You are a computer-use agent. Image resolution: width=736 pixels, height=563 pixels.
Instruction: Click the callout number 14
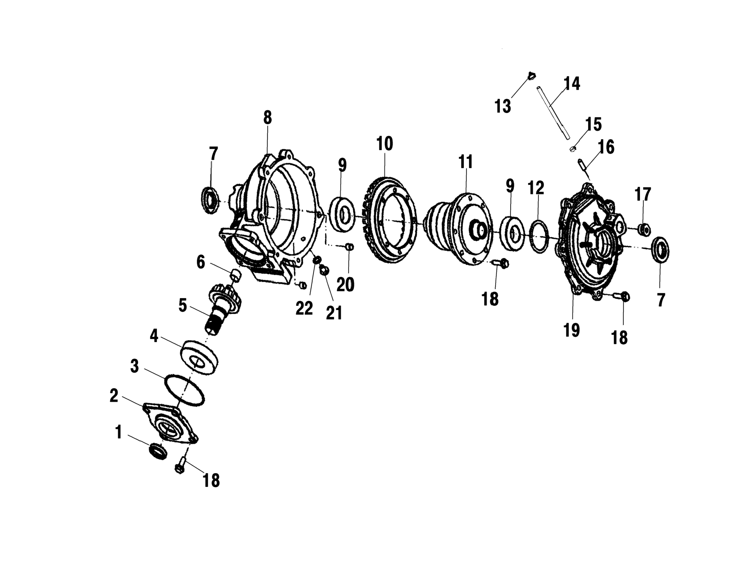[x=572, y=83]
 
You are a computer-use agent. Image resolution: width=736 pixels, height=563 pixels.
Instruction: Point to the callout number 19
[x=571, y=330]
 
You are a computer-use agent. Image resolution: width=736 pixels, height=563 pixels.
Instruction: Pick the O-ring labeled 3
[x=184, y=391]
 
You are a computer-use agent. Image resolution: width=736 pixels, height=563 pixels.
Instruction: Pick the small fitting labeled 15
[x=574, y=148]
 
